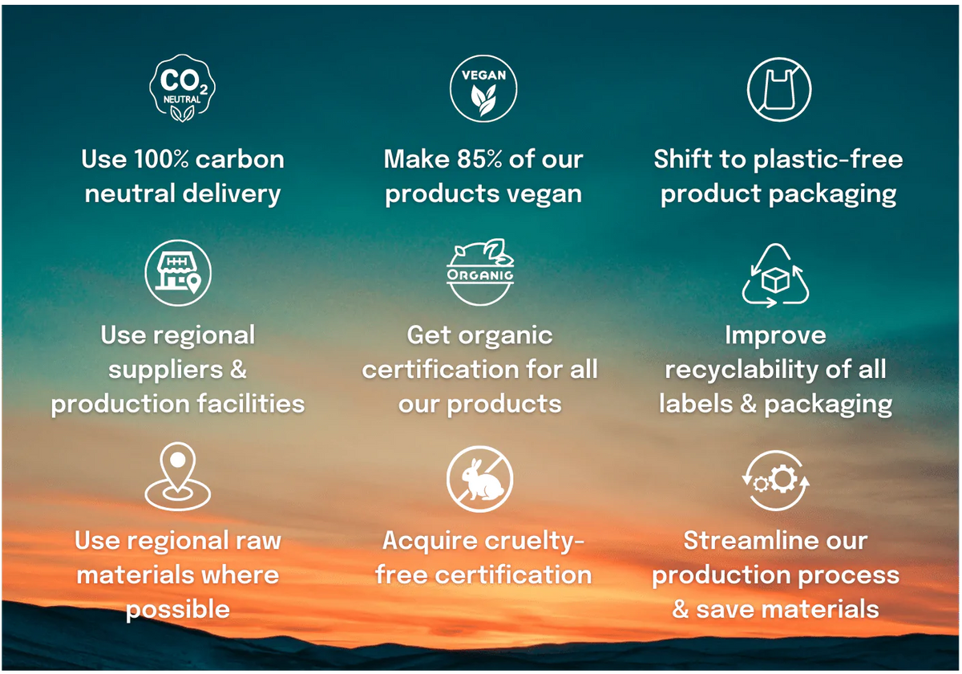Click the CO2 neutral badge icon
point(183,88)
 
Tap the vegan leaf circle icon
point(483,88)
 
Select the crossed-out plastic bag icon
point(779,89)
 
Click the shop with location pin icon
point(178,273)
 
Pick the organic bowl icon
point(480,272)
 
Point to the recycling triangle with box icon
point(775,275)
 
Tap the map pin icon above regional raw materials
point(178,476)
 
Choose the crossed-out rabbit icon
point(479,479)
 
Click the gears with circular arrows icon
point(776,480)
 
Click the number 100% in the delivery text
point(161,159)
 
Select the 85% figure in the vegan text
point(479,159)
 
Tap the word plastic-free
point(828,160)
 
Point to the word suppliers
point(166,371)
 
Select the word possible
point(178,610)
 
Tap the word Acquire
point(425,541)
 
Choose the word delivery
point(232,194)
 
